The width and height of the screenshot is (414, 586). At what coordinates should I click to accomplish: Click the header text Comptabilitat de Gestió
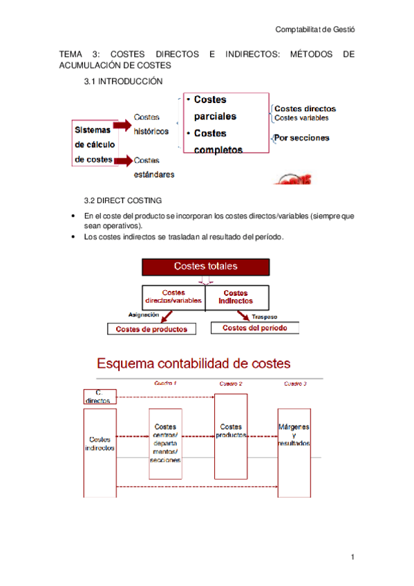pyautogui.click(x=319, y=30)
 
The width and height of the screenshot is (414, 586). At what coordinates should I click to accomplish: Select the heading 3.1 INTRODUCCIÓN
pyautogui.click(x=123, y=82)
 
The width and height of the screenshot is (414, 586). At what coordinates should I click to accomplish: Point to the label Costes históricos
pyautogui.click(x=150, y=124)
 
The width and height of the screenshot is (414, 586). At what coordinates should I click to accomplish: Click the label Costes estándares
pyautogui.click(x=154, y=167)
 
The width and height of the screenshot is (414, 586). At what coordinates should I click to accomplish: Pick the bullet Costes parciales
pyautogui.click(x=215, y=108)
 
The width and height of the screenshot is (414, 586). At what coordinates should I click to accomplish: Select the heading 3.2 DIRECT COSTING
pyautogui.click(x=123, y=201)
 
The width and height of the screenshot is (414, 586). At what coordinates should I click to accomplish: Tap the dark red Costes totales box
pyautogui.click(x=205, y=267)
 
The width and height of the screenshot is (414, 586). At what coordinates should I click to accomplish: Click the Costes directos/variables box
pyautogui.click(x=173, y=297)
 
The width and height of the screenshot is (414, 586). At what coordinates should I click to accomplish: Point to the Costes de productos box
pyautogui.click(x=151, y=329)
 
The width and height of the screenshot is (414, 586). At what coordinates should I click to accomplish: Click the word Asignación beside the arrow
pyautogui.click(x=144, y=314)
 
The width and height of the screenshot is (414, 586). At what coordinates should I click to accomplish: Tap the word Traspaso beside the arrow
pyautogui.click(x=265, y=317)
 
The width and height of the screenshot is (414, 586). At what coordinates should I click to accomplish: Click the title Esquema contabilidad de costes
pyautogui.click(x=193, y=363)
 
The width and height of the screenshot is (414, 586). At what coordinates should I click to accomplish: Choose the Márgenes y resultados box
pyautogui.click(x=294, y=435)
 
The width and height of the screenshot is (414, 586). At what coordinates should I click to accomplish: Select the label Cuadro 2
pyautogui.click(x=231, y=383)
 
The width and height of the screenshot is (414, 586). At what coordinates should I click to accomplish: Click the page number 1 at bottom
pyautogui.click(x=352, y=557)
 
